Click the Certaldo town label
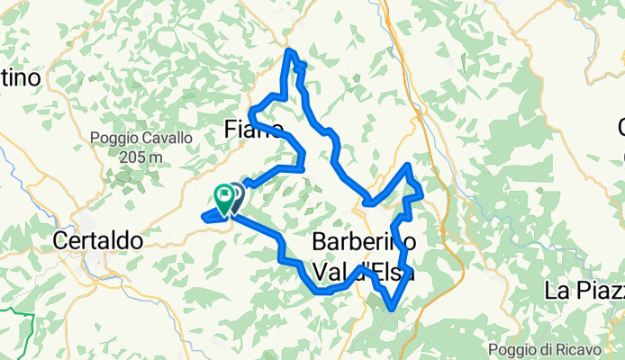(98, 241)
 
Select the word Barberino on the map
(364, 241)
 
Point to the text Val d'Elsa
(364, 270)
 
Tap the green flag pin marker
(222, 196)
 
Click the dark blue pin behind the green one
(237, 193)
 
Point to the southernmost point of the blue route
(393, 310)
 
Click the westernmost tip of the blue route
(202, 215)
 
